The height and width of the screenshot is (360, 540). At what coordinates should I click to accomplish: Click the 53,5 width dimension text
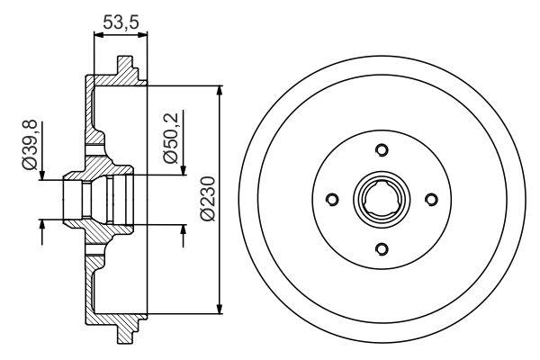click(x=121, y=22)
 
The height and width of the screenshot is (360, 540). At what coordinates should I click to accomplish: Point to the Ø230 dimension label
click(x=206, y=200)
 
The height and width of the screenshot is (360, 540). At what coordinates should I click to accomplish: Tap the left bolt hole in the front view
click(x=332, y=200)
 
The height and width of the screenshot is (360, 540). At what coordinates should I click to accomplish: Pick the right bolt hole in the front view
click(x=430, y=200)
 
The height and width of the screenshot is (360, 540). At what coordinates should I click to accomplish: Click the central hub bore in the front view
click(x=381, y=200)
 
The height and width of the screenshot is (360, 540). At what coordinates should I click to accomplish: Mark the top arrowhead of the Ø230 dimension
click(x=220, y=91)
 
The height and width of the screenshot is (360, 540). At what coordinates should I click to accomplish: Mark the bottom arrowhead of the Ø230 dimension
click(x=220, y=309)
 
